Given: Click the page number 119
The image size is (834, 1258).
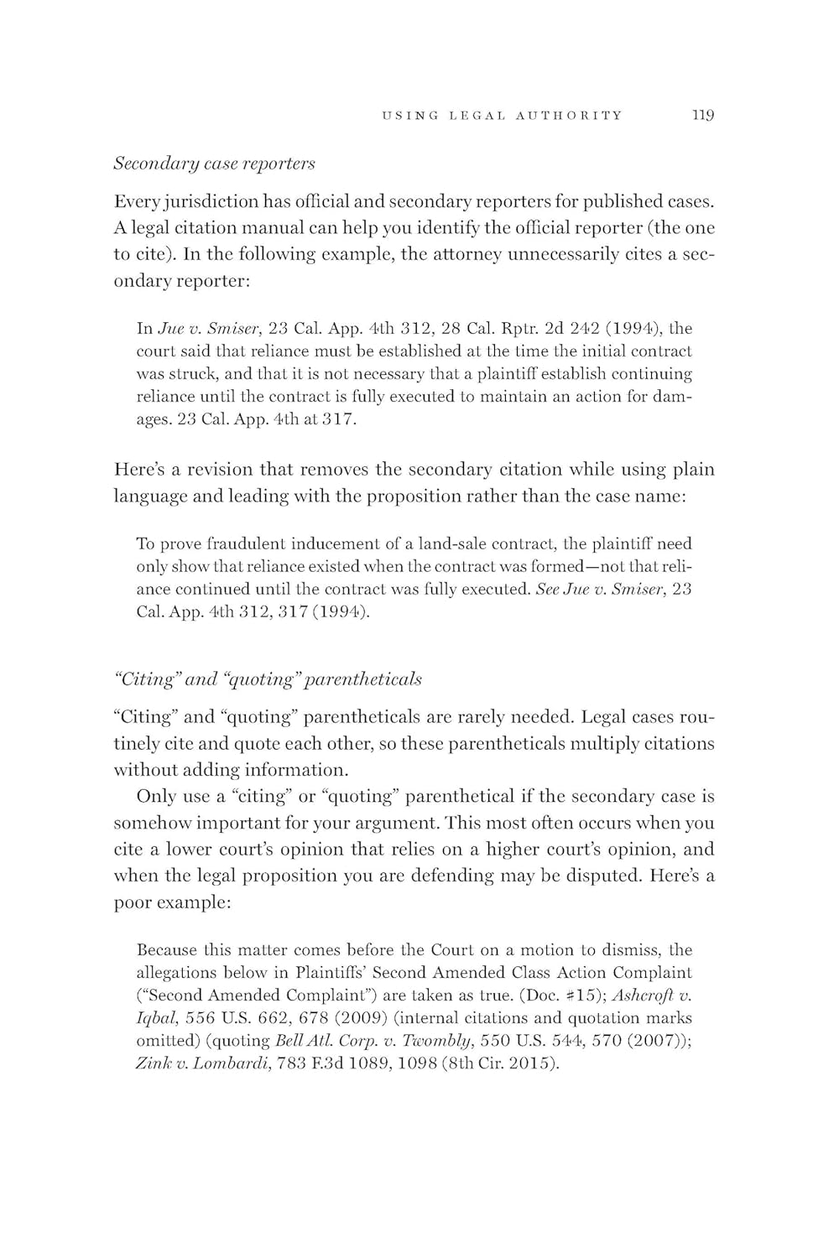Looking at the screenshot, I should click(702, 116).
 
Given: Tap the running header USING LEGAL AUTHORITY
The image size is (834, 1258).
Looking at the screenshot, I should click(502, 116).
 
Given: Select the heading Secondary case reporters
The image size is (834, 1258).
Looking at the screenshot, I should click(214, 163).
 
